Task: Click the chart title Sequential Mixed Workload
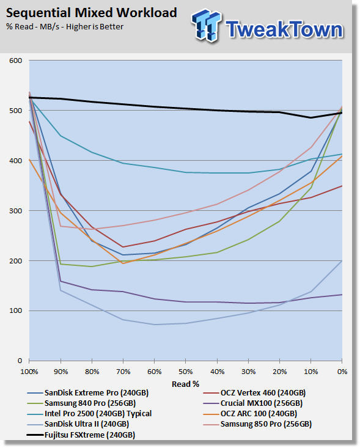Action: pos(92,13)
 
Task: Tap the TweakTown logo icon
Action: pos(207,26)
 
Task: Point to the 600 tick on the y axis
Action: pos(16,61)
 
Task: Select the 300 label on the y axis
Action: pos(16,211)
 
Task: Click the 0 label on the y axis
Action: pos(20,361)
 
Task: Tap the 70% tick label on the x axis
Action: pos(123,372)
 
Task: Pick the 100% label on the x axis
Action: pos(29,372)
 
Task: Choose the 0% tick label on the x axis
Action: pos(342,372)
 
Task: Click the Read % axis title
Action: pos(185,384)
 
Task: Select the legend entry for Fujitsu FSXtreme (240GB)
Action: pos(81,435)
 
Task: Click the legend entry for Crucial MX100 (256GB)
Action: pos(253,403)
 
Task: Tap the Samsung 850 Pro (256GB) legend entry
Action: pos(257,424)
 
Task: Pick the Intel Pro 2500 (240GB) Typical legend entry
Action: pos(89,413)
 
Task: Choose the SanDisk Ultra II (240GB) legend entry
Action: pos(78,424)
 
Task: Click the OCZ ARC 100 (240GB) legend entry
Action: pos(250,413)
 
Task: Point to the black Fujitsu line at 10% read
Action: pos(311,118)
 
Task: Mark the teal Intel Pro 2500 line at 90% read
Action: pos(61,136)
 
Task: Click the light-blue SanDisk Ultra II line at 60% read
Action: pos(155,325)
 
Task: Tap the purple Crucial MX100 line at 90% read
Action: pos(61,281)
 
